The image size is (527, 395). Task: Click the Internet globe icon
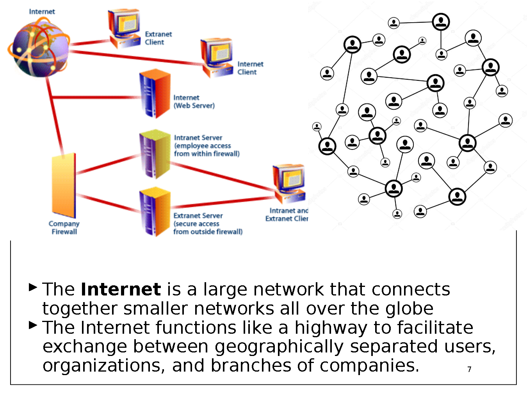tap(39, 49)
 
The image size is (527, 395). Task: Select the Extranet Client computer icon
tap(124, 28)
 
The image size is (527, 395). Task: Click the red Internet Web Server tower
tap(155, 94)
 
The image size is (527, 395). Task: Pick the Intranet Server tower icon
tap(155, 154)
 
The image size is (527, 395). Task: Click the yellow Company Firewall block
tap(64, 185)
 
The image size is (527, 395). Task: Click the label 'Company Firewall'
tap(64, 228)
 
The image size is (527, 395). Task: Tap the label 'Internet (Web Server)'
tap(194, 101)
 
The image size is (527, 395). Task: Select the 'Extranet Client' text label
tap(158, 38)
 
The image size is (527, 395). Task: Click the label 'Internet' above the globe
tap(42, 12)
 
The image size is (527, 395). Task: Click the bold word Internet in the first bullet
tap(121, 290)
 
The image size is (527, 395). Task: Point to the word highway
tap(331, 328)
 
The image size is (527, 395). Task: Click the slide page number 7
tap(469, 369)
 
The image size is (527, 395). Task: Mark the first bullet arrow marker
tap(33, 288)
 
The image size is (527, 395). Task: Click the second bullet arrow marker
tap(33, 325)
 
